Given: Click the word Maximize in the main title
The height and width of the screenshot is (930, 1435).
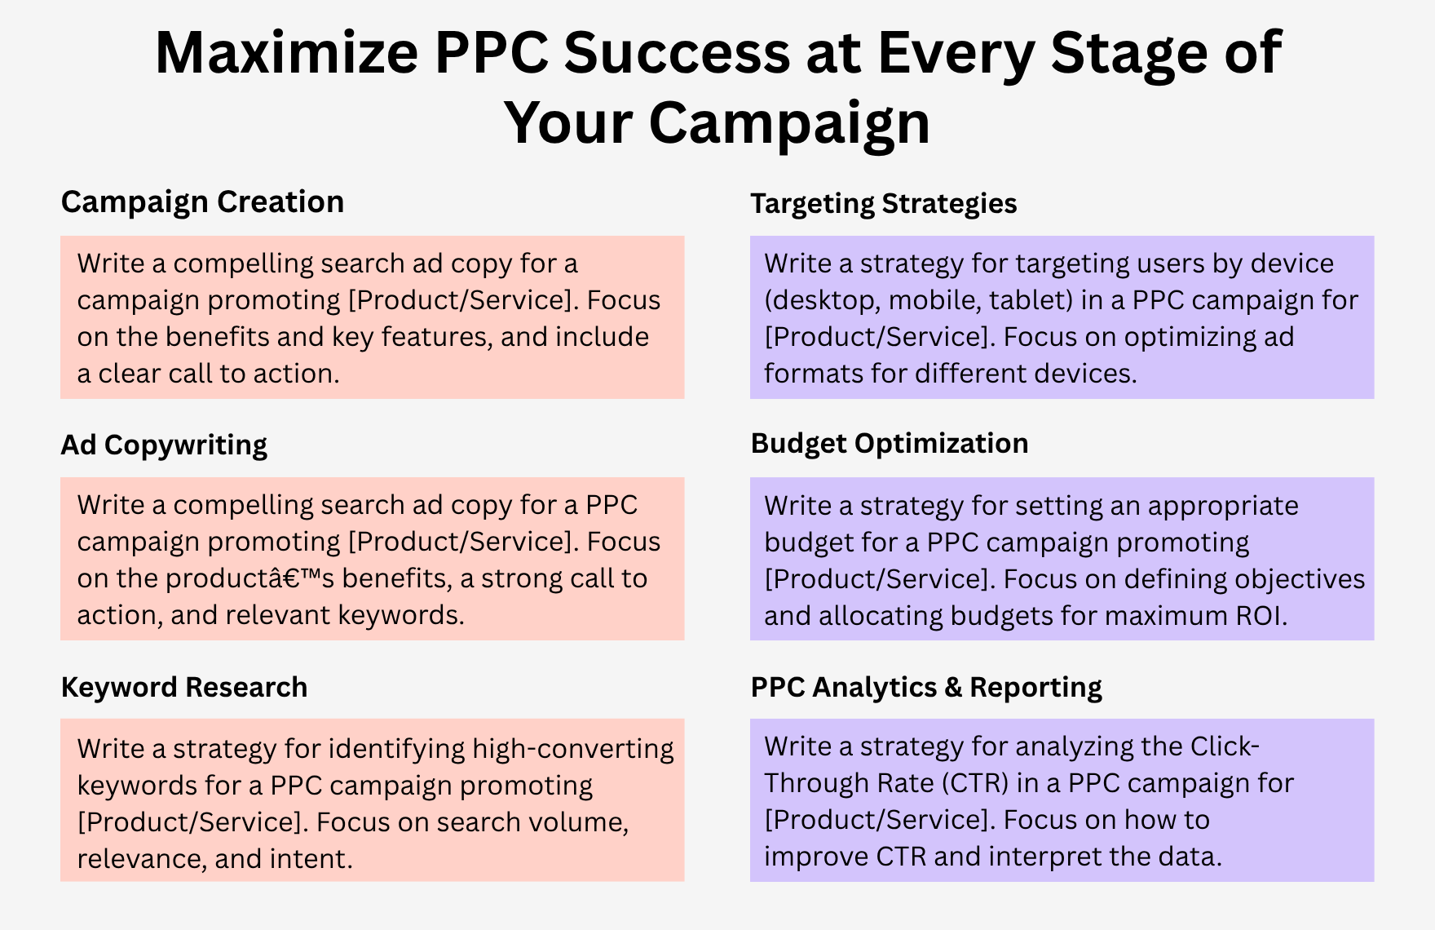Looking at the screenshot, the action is click(x=286, y=53).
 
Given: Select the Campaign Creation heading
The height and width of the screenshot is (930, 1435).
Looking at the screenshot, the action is click(x=202, y=202).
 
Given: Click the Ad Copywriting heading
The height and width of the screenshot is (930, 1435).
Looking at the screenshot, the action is click(x=164, y=445).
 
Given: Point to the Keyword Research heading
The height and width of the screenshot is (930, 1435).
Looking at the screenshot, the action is click(x=184, y=688).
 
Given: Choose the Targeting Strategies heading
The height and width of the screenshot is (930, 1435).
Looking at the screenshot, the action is click(x=884, y=204).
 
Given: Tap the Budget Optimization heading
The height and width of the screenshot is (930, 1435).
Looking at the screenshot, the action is click(x=890, y=444).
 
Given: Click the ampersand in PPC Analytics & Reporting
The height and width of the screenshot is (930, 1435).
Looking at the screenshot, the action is click(x=953, y=687).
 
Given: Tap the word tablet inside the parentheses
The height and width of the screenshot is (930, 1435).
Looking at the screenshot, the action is click(x=1030, y=300).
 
